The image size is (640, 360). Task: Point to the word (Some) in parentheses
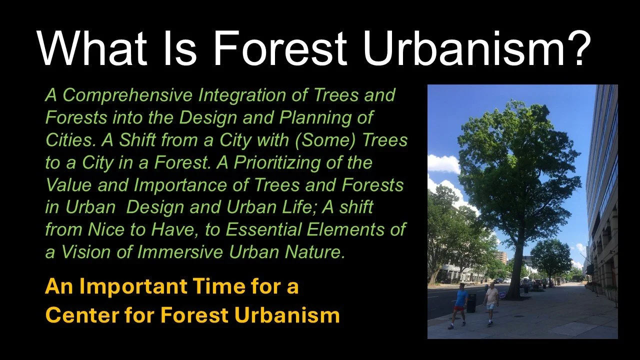pyautogui.click(x=326, y=140)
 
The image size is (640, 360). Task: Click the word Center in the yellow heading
pyautogui.click(x=78, y=315)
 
